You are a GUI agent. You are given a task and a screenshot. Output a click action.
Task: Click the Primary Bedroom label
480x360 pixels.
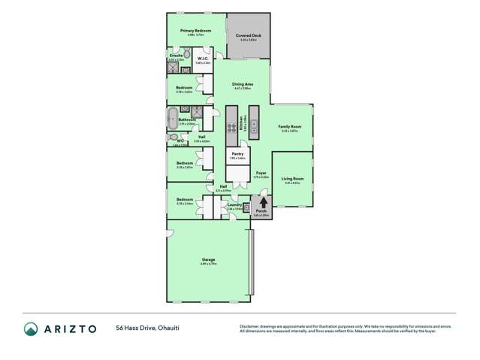pos(195,31)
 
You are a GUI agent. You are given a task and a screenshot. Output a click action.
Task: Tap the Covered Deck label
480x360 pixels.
pos(248,35)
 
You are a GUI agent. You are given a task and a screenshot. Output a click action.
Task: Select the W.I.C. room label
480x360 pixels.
pos(203,59)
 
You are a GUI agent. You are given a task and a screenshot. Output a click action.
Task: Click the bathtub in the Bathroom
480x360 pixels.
pos(173,119)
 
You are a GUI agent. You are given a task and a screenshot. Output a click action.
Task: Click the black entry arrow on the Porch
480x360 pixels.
pos(262,201)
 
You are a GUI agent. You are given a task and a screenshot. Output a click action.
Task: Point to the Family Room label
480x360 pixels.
pos(289,127)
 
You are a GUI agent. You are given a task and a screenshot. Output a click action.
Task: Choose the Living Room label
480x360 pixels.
pos(291,178)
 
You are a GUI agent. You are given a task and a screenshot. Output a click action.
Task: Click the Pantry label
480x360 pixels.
pos(237,154)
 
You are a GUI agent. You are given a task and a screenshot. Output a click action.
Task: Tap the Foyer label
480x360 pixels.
pos(261,173)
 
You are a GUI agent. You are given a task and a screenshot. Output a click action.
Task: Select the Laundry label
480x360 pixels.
pos(234,204)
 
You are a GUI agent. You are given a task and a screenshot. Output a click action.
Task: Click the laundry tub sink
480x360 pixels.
pos(246,209)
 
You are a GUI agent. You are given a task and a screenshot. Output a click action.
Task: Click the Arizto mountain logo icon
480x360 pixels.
pos(31,328)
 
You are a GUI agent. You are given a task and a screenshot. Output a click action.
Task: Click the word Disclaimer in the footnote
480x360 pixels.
pos(250,325)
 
